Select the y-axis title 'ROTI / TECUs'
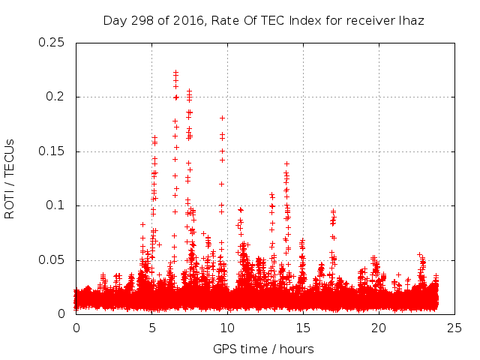click(10, 178)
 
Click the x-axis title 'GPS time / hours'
click(263, 349)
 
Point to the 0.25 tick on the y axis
click(53, 43)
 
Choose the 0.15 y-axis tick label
click(53, 151)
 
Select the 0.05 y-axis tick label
click(53, 260)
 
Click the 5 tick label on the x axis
click(151, 328)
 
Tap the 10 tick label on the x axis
click(227, 328)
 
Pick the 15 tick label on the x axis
click(303, 328)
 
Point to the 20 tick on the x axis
click(379, 328)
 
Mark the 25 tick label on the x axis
click(454, 328)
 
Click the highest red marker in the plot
click(175, 72)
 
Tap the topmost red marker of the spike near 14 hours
click(286, 163)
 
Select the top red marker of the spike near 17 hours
click(334, 211)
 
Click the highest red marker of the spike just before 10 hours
click(222, 118)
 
